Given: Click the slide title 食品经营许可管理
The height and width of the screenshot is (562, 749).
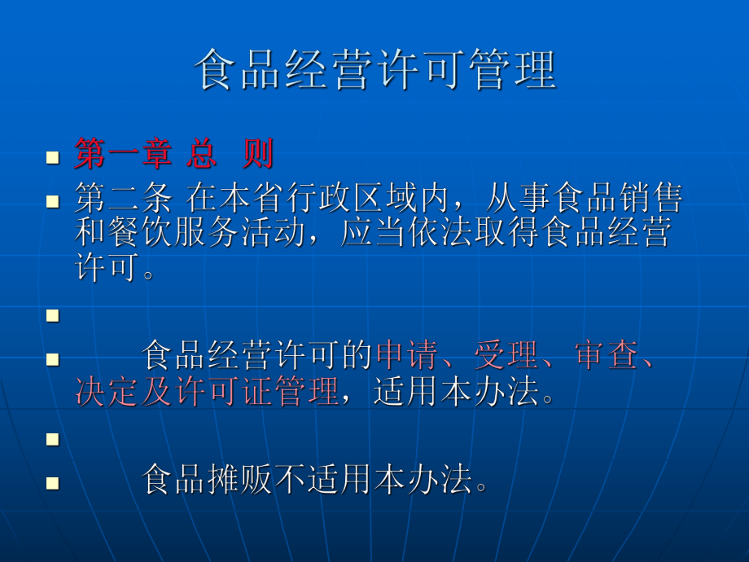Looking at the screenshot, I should point(375,72).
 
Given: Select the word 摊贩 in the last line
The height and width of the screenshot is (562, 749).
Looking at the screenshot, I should point(240,481).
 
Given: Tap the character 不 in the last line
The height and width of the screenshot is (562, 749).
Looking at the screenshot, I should point(291,481).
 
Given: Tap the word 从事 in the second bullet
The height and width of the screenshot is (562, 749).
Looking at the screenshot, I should point(516,199).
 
